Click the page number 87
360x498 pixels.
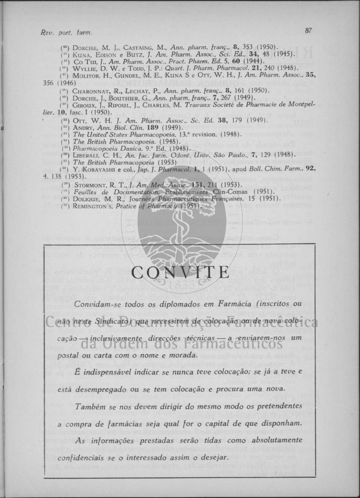(308, 31)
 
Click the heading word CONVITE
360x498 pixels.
(180, 272)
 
